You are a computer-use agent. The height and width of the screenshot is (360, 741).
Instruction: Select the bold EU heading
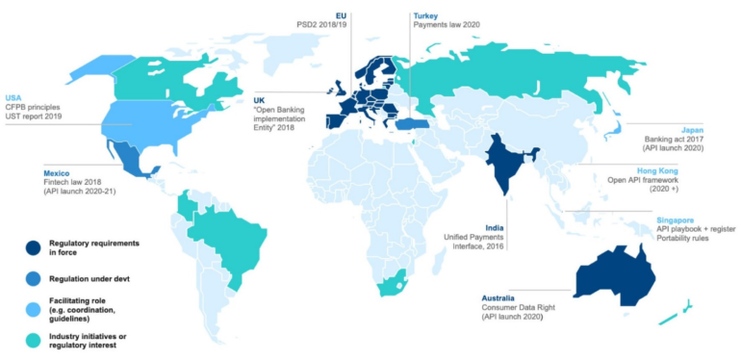pyautogui.click(x=341, y=15)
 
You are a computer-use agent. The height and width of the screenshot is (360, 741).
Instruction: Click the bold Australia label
pyautogui.click(x=501, y=298)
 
